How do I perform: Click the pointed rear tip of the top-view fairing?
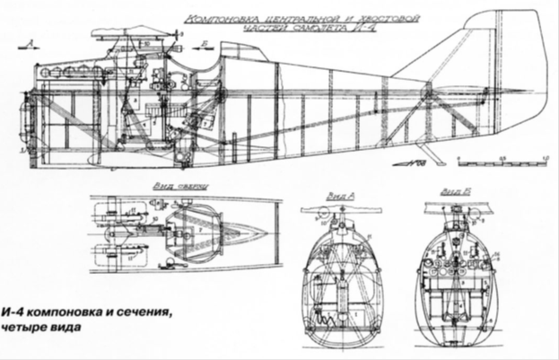click(267, 227)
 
